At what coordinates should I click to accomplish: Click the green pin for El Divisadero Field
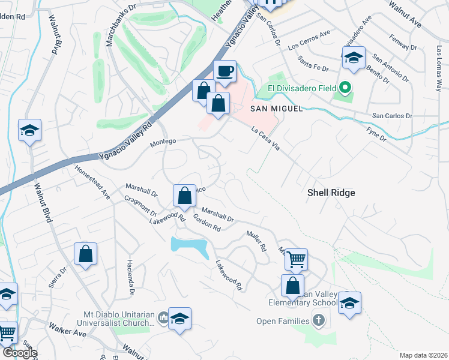(345, 89)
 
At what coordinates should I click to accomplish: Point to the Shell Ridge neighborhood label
(331, 193)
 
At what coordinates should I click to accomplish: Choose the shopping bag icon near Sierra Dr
(86, 254)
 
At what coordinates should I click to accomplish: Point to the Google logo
(20, 353)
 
